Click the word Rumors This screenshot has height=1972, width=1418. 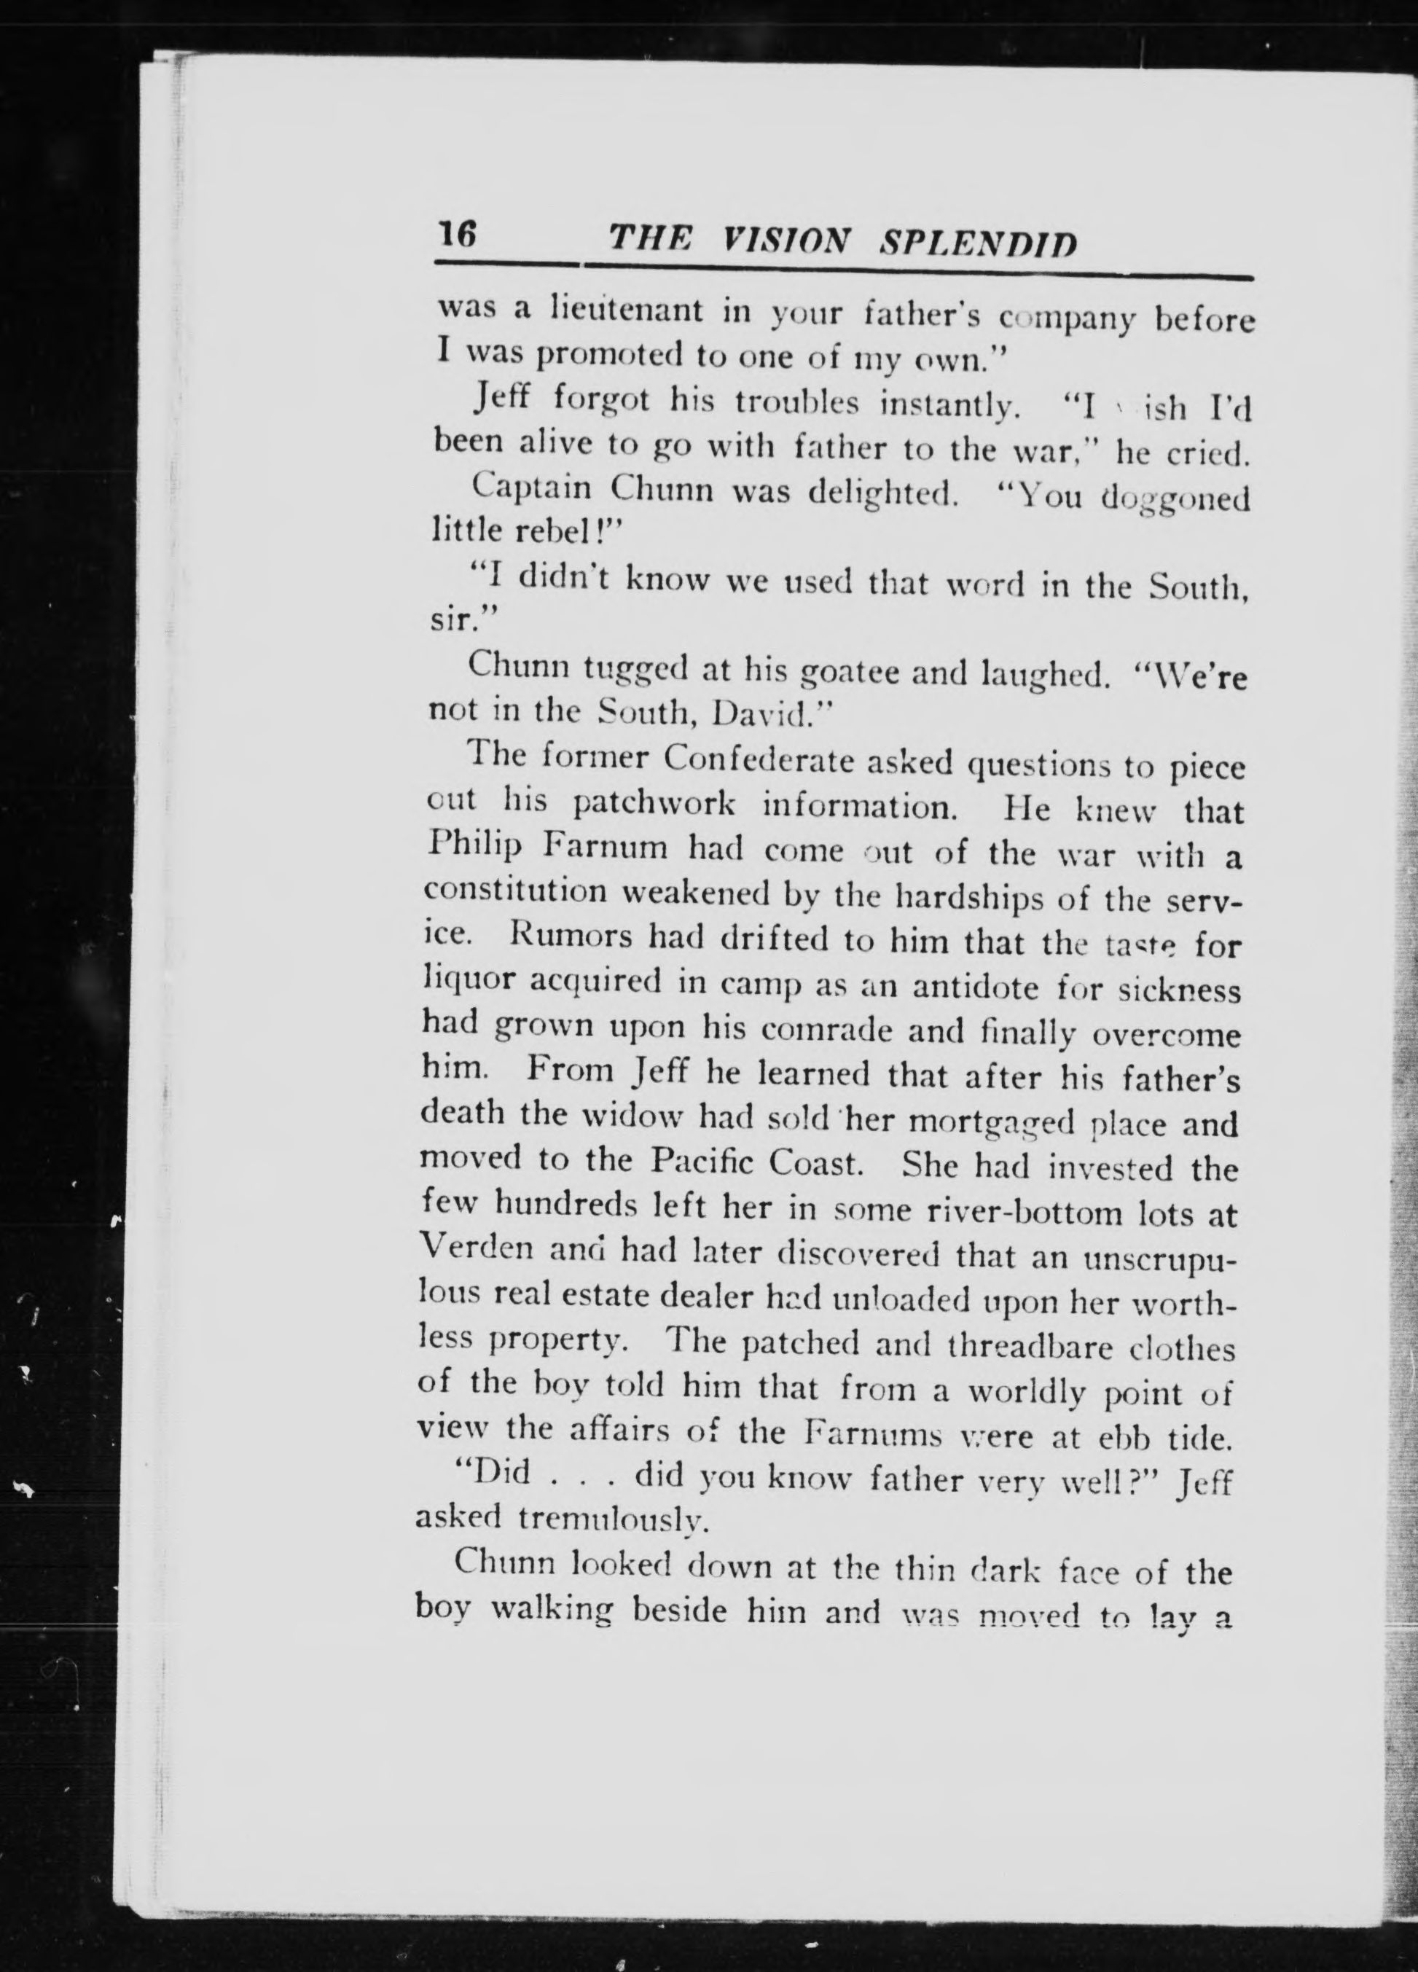(573, 937)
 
